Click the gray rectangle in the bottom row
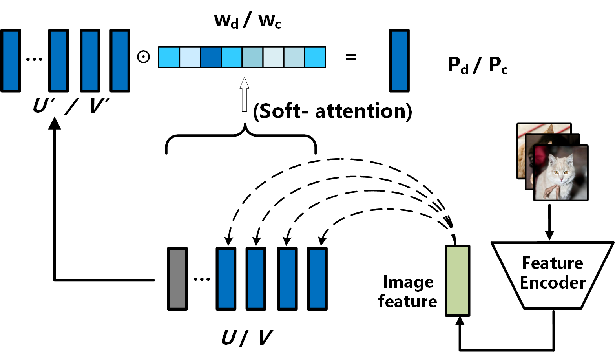coord(177,278)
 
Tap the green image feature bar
coord(457,280)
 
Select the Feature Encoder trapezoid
coord(552,275)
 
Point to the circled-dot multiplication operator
coord(143,57)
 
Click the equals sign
coord(351,57)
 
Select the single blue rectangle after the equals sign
coord(399,60)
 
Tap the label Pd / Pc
coord(477,65)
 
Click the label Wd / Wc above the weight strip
coord(247,20)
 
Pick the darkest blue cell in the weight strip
coord(211,57)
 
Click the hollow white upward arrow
coord(245,94)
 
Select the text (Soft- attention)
coord(332,111)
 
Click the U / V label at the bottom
coord(247,337)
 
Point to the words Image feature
coord(408,292)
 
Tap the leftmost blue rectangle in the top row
coord(11,60)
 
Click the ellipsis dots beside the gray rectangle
coord(202,279)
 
